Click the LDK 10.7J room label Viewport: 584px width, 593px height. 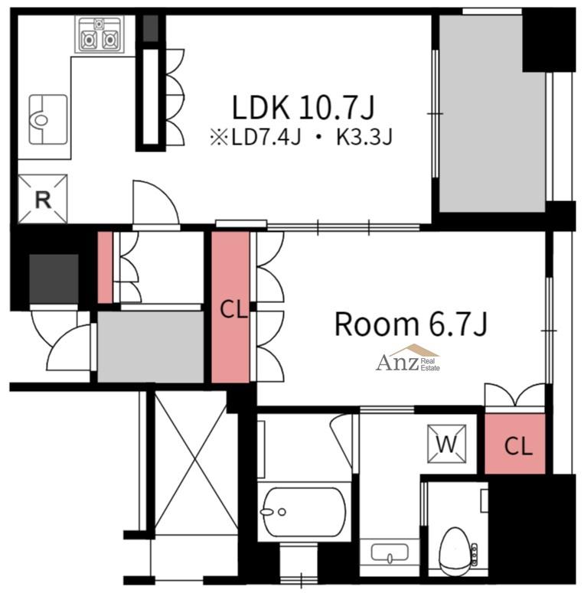pos(302,108)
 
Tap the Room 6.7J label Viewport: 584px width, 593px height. pos(411,324)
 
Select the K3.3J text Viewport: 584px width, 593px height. pos(364,137)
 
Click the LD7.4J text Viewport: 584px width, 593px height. pos(266,137)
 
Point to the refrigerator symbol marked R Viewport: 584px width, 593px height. pos(43,199)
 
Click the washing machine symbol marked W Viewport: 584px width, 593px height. pos(447,444)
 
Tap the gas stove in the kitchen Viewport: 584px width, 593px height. pos(100,34)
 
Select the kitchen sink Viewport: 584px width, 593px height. pos(48,119)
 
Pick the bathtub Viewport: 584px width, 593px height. pos(304,512)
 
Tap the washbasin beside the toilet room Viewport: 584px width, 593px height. pos(390,553)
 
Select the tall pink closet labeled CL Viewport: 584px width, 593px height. pos(230,307)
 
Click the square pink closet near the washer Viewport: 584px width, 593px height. pos(515,443)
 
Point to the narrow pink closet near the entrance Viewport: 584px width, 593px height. pos(105,267)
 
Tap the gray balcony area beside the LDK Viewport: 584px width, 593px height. pos(491,113)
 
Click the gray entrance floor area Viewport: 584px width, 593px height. pos(151,347)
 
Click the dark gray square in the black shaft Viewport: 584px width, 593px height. pos(54,279)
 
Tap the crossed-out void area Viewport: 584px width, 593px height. pos(196,463)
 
